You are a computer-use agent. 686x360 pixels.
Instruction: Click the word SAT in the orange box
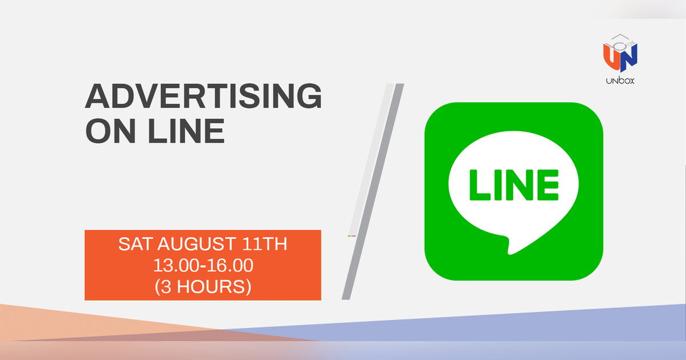pos(136,245)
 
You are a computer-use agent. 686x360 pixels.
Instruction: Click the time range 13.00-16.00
pos(203,265)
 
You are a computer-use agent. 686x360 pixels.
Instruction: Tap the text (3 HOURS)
pos(203,286)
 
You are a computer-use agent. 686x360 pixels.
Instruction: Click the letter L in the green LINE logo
pos(478,185)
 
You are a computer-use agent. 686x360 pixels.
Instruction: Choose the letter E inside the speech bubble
pos(548,185)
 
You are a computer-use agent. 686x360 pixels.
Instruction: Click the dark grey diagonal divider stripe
pos(372,194)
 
